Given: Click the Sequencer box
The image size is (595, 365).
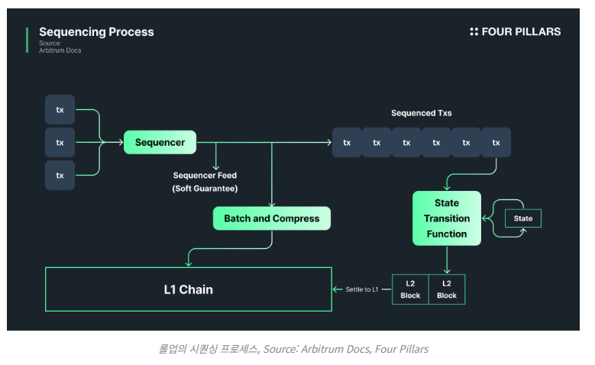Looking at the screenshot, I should tap(160, 142).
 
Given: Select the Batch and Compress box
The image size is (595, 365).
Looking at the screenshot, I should tap(271, 218).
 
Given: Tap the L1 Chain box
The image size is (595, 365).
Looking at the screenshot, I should tap(189, 289).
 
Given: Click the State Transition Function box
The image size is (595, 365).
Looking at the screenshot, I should tap(447, 218).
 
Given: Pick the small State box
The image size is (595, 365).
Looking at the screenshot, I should tap(523, 218).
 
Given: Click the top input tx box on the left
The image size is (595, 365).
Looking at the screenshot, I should tap(60, 110).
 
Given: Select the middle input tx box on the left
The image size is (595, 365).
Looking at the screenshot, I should tap(60, 142).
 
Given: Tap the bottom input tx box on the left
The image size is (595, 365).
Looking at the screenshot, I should tap(60, 176).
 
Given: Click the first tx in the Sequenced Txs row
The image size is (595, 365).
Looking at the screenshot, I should tap(347, 142).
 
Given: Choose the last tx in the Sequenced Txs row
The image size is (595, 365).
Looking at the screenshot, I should tap(496, 142).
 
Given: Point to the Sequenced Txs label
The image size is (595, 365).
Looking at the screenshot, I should tap(421, 113).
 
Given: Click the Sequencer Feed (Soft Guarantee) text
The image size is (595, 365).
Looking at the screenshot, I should tap(205, 182).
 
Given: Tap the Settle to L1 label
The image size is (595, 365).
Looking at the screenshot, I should tap(361, 289).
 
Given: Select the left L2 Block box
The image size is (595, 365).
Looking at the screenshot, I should tap(410, 289).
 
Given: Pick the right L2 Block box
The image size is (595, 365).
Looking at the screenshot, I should tap(447, 289).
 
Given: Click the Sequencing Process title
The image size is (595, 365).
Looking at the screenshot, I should tap(96, 32).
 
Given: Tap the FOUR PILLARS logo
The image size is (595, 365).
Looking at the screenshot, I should tap(516, 32).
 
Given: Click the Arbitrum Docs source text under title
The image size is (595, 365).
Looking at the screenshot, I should tap(60, 50).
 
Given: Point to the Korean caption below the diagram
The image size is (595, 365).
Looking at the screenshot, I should tap(293, 349).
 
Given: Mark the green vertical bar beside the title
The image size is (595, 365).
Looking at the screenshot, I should tap(27, 40).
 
